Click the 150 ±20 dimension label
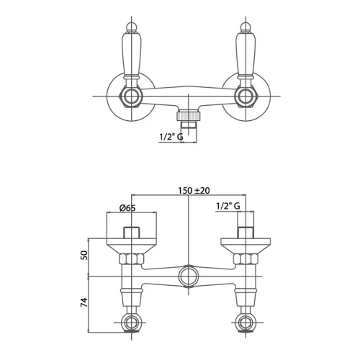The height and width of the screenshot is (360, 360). click(x=194, y=191)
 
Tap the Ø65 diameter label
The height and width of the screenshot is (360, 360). click(x=127, y=208)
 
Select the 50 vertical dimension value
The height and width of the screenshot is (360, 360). click(x=84, y=256)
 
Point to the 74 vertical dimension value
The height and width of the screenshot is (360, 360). click(x=84, y=302)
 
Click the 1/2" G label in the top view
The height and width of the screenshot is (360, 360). click(x=171, y=137)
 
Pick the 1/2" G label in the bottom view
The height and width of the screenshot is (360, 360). click(x=228, y=206)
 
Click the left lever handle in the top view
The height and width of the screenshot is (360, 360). click(x=132, y=54)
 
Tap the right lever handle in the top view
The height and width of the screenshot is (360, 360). click(x=246, y=54)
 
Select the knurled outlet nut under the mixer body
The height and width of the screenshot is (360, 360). click(x=189, y=115)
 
